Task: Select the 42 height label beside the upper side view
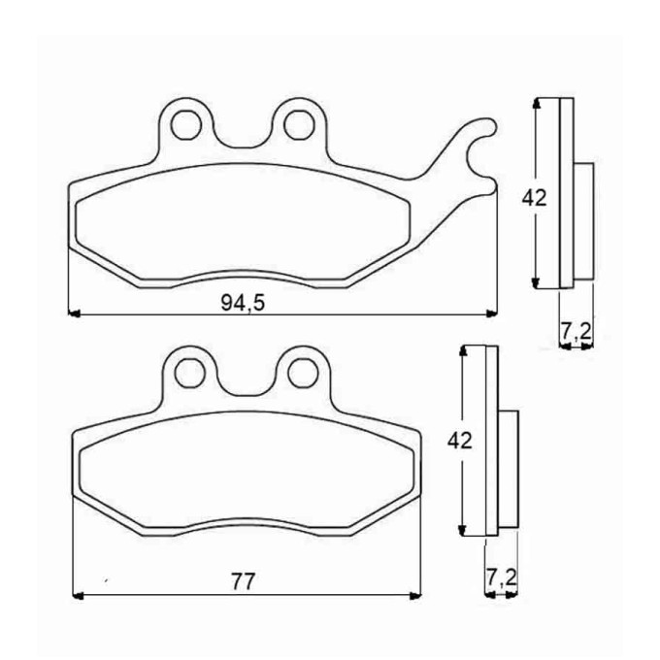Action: [x=535, y=198]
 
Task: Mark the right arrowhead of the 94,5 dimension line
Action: [x=489, y=313]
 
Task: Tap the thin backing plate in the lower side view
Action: [x=490, y=442]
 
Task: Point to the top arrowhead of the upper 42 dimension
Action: [x=537, y=104]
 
